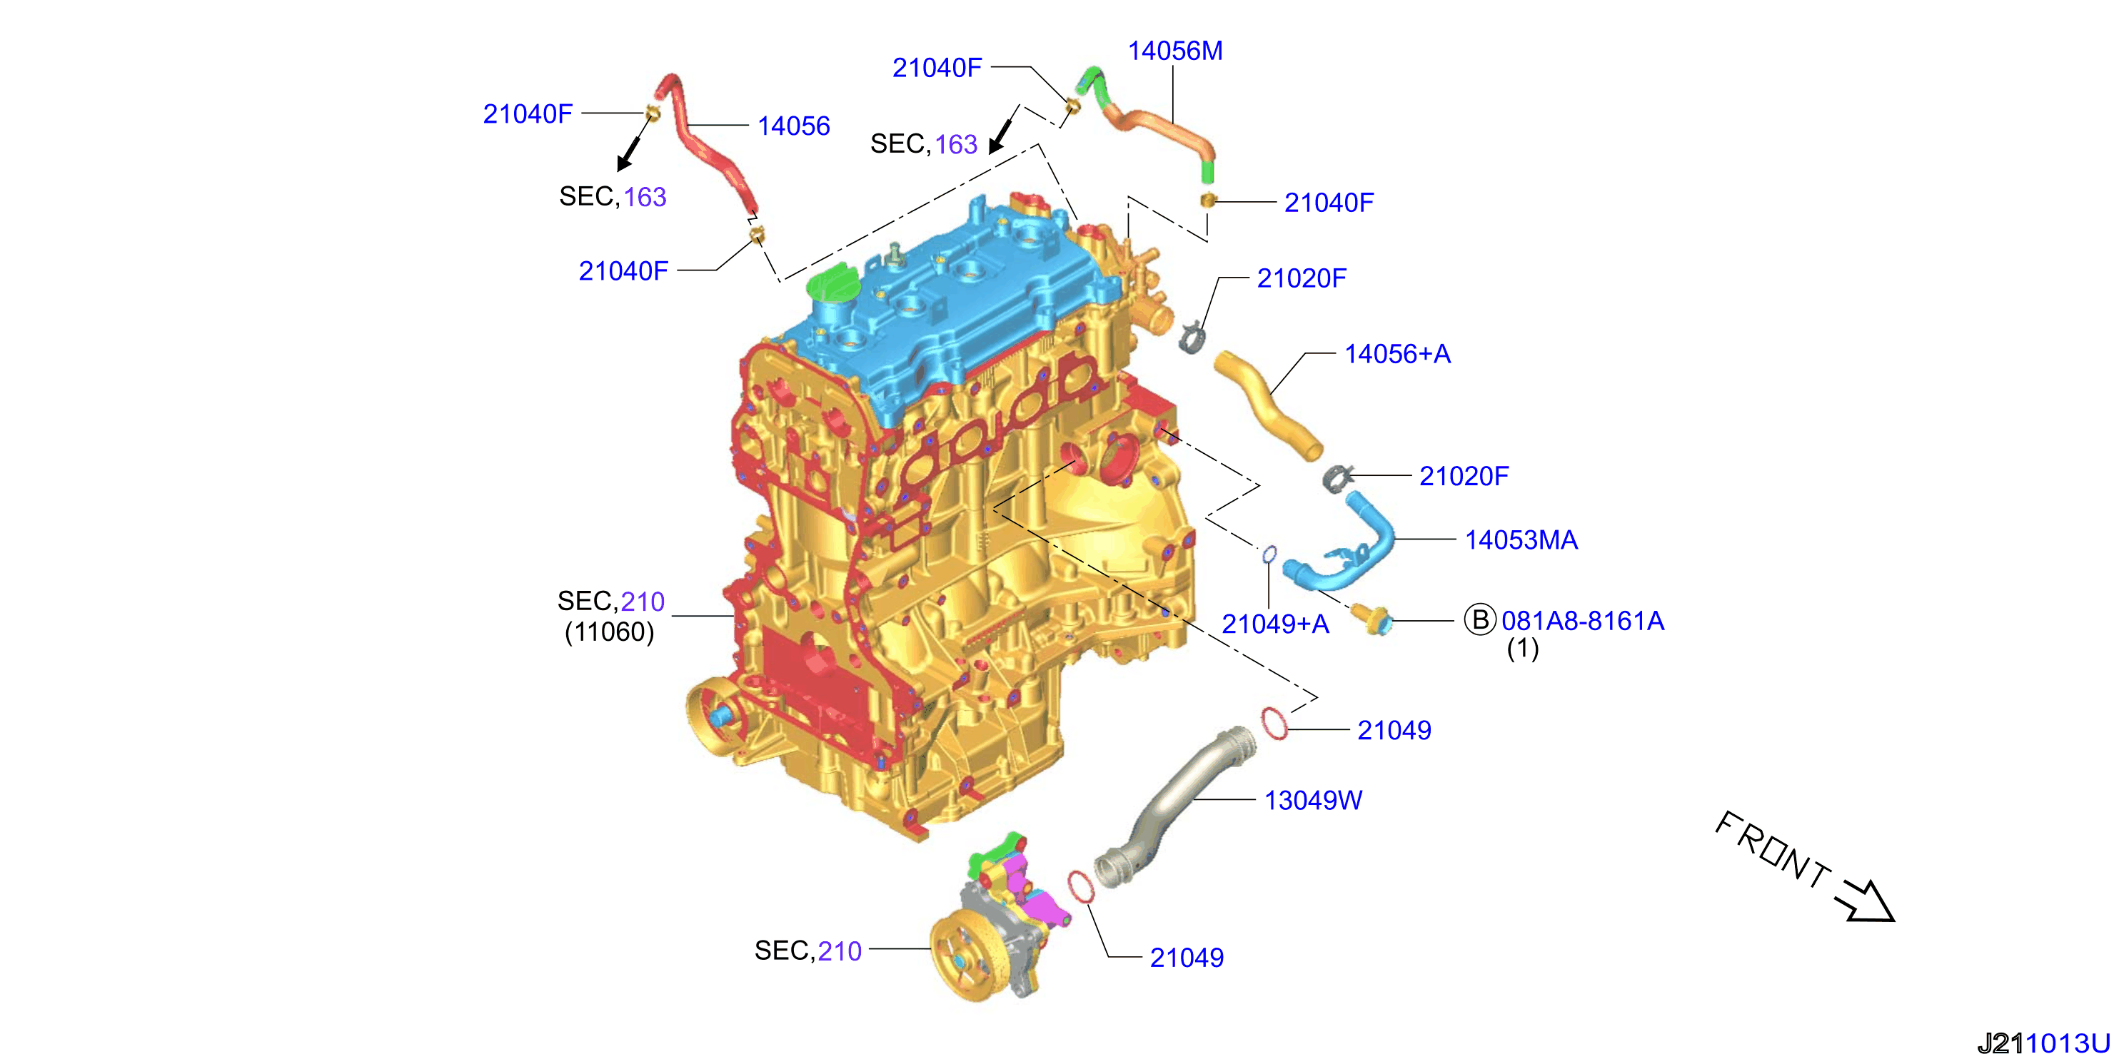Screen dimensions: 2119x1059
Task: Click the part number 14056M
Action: point(1174,51)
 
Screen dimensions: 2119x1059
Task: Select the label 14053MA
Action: point(1521,539)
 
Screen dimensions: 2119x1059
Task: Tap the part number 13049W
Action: point(1313,800)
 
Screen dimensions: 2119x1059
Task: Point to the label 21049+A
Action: point(1275,624)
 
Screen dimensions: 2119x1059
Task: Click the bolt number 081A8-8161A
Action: point(1583,621)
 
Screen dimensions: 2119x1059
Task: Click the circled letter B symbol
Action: point(1480,619)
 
